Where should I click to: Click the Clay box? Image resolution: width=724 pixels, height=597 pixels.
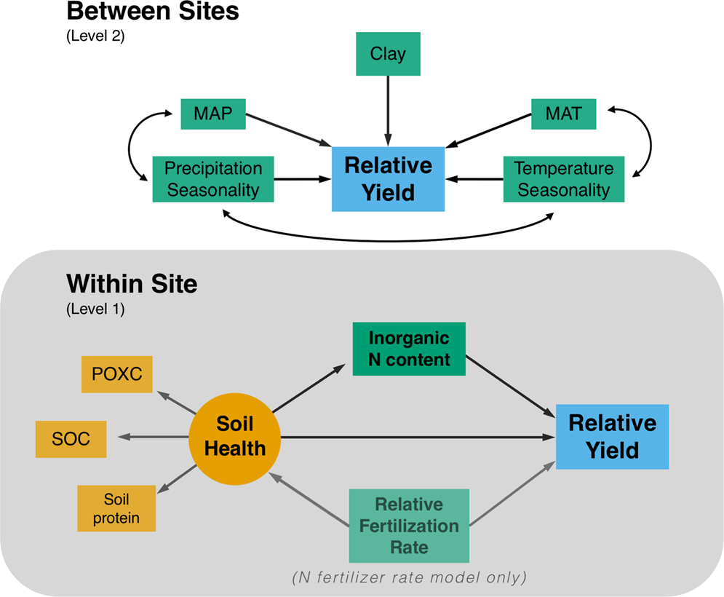[388, 55]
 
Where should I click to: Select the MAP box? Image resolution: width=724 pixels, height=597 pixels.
[212, 114]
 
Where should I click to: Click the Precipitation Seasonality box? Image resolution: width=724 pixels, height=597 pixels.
[212, 179]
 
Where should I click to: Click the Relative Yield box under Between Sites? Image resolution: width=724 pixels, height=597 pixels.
[388, 178]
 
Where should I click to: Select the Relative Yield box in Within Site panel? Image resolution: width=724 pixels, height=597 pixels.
[612, 436]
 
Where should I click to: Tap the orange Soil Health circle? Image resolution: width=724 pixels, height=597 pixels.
[234, 436]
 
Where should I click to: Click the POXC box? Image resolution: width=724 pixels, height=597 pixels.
[116, 374]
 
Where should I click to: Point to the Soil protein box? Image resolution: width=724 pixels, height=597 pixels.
[116, 508]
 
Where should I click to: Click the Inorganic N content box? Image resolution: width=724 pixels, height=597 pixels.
[408, 349]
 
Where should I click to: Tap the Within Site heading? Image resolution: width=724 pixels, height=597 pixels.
[132, 283]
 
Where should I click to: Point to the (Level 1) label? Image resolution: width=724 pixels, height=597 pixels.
[95, 309]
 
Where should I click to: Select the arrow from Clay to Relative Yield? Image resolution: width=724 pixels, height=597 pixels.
[388, 109]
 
